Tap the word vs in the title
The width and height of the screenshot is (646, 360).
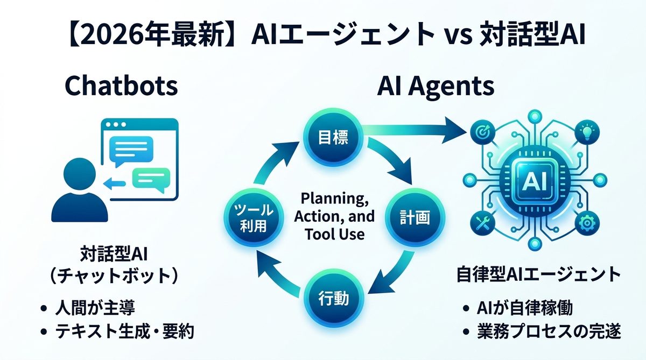(x=459, y=37)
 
